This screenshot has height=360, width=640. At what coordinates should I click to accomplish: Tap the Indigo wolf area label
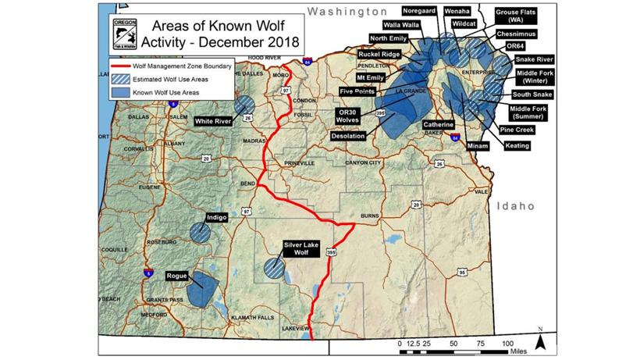(216, 218)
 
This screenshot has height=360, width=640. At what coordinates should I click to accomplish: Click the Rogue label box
(177, 276)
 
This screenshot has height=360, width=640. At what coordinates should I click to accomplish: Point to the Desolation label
(347, 136)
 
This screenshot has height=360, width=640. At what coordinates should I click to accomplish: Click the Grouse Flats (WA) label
(519, 16)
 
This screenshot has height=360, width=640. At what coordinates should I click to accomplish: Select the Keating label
(517, 145)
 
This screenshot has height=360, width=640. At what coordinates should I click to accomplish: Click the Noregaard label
(421, 12)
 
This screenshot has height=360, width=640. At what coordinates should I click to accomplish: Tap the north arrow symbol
(539, 342)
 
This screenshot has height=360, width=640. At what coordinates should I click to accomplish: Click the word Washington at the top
(347, 11)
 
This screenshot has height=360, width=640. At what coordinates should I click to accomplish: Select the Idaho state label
(514, 205)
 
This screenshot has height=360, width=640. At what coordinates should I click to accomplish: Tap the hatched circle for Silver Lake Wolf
(273, 268)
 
